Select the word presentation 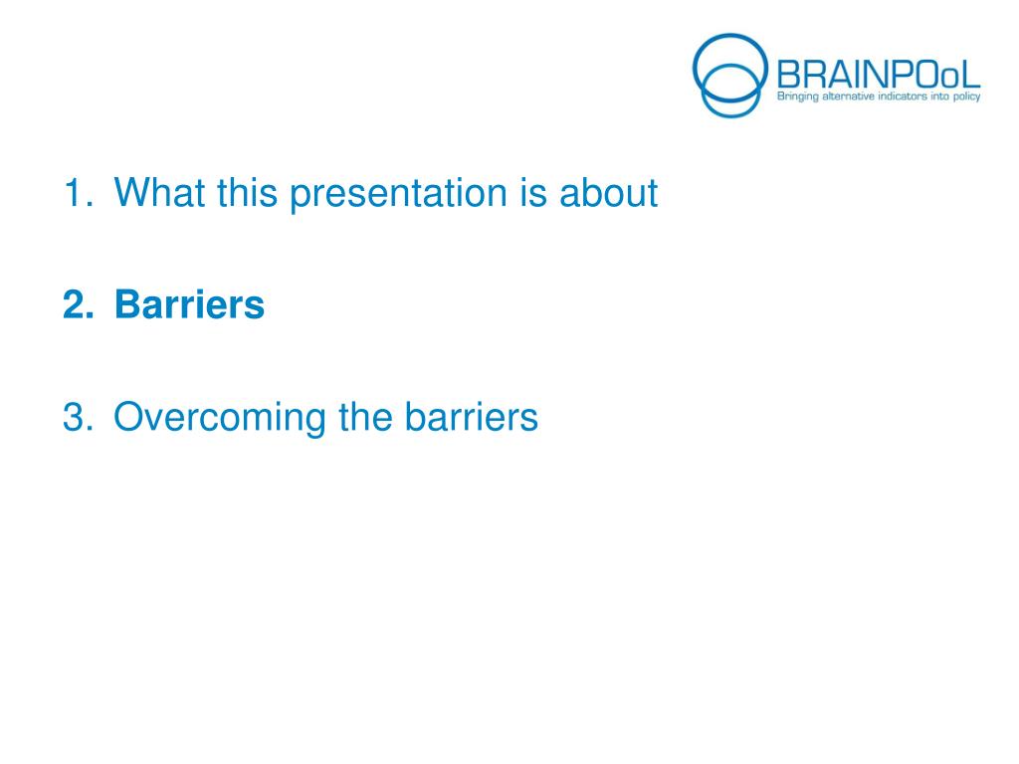coord(398,194)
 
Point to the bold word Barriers coord(189,304)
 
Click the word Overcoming coord(220,418)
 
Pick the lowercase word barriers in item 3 coord(471,417)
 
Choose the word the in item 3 coord(365,417)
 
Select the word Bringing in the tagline coord(797,96)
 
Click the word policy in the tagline coord(966,96)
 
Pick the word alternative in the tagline coord(848,96)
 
